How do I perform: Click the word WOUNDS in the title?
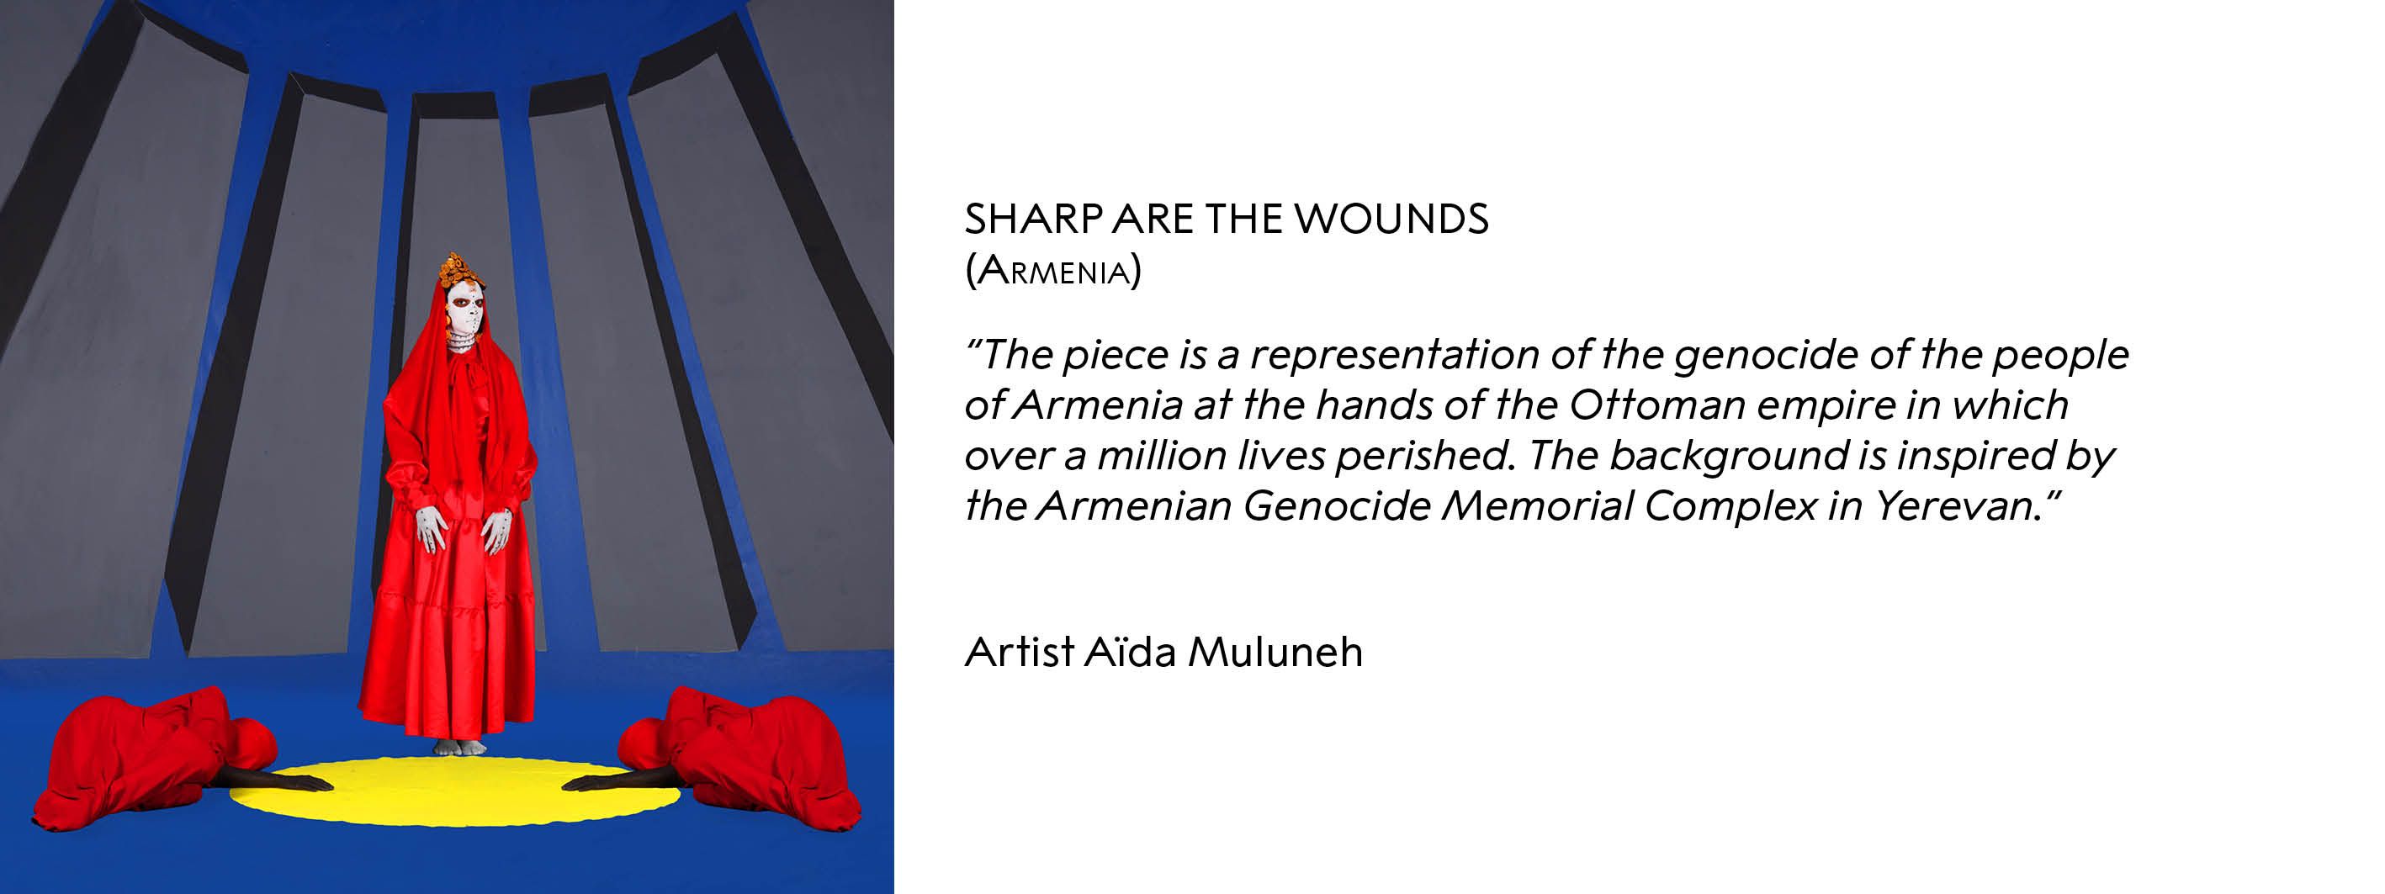point(1391,219)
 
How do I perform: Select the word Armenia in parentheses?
point(1052,270)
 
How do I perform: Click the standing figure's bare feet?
point(458,747)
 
